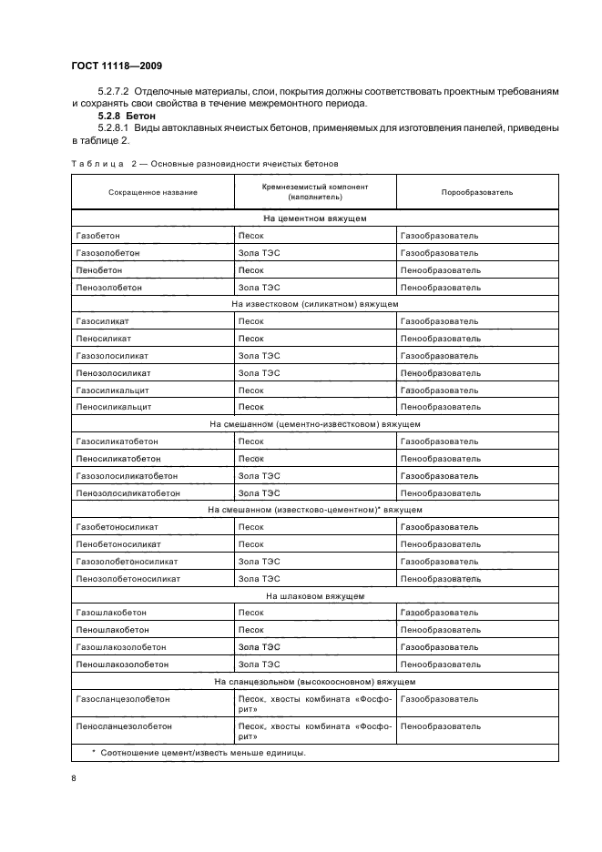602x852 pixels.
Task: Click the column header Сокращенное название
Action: (x=152, y=193)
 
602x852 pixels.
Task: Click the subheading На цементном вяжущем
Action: (x=315, y=219)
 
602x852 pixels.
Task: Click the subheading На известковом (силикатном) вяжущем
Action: (x=315, y=304)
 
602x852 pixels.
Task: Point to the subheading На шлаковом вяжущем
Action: (x=315, y=596)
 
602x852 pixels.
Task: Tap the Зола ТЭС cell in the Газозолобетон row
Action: (x=259, y=253)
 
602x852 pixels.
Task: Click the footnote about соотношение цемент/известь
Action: (x=200, y=753)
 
